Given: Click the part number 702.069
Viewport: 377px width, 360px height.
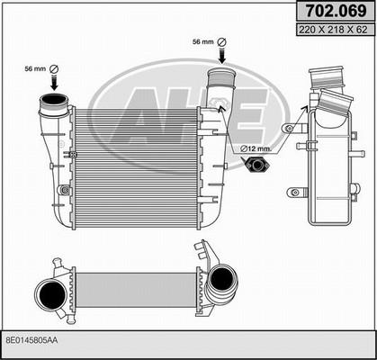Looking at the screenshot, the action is click(336, 11).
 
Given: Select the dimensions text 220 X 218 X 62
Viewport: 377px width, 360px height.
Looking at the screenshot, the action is click(336, 30).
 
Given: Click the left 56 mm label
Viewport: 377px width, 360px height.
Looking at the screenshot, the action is click(35, 69).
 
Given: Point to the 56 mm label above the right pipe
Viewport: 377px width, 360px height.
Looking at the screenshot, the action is click(203, 42).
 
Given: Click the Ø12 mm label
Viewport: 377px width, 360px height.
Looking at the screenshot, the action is click(256, 148).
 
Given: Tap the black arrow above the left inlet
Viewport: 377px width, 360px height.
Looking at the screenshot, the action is click(54, 82).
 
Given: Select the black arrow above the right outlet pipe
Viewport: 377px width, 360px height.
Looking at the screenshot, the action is click(222, 56).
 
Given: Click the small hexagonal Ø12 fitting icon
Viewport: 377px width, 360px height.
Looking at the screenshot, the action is click(257, 165).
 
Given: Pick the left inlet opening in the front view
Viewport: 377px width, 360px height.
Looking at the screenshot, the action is click(54, 99).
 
